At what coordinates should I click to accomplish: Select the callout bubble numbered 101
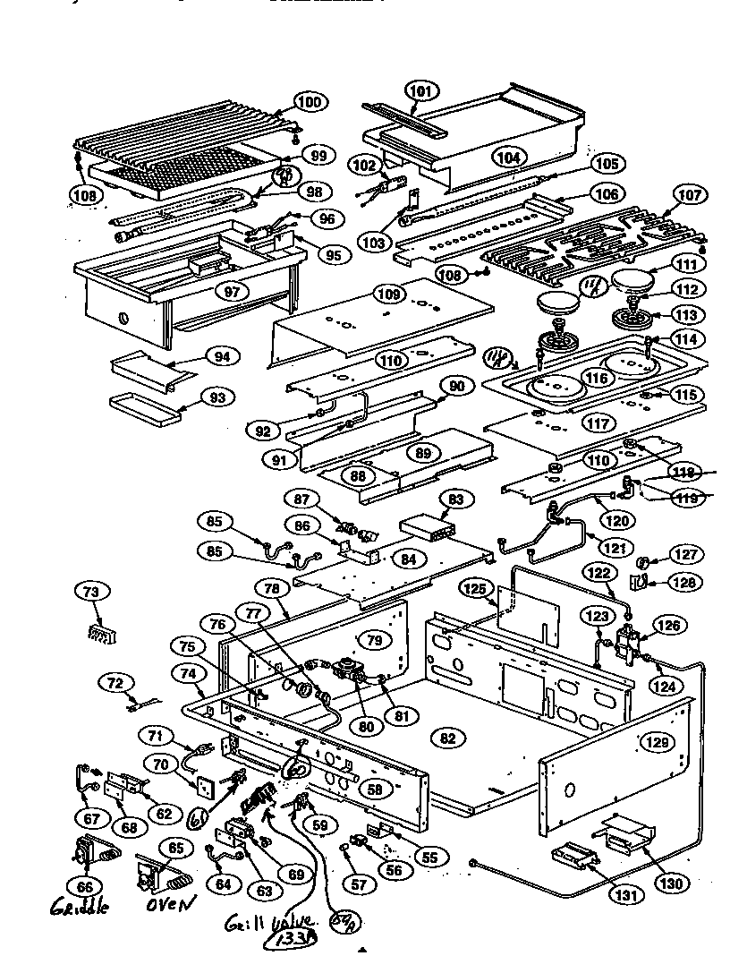tap(421, 90)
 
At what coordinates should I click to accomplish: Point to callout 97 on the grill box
tap(232, 293)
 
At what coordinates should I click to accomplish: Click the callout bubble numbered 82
tap(448, 737)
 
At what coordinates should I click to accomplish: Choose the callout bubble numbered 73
tap(92, 591)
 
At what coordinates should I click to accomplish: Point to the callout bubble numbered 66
tap(86, 885)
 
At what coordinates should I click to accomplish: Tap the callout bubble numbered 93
tap(216, 397)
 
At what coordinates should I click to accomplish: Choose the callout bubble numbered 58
tap(375, 790)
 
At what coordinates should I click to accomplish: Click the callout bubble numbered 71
tap(157, 737)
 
